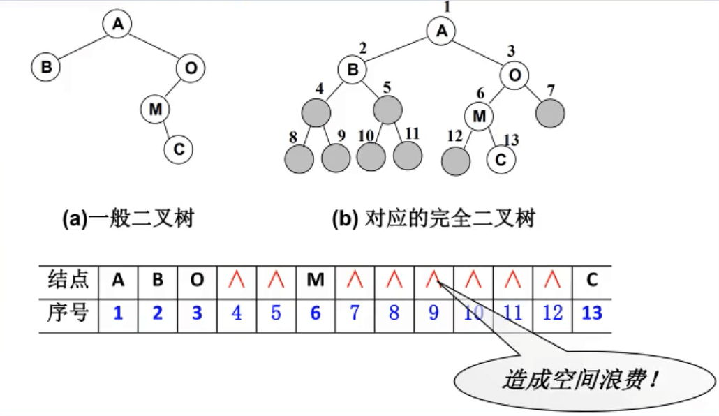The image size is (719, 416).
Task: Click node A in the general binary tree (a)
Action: click(118, 24)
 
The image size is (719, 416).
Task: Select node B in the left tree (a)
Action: click(46, 68)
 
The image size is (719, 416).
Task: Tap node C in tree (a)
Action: click(178, 149)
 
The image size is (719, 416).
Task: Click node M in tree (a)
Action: click(155, 108)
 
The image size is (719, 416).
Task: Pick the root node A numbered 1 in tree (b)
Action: click(441, 31)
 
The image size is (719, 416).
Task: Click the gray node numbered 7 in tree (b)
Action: click(550, 112)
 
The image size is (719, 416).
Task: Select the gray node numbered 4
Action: click(316, 112)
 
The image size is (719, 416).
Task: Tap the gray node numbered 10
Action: click(371, 158)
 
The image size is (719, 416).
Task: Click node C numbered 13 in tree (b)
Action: click(500, 158)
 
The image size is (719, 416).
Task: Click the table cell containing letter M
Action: click(316, 281)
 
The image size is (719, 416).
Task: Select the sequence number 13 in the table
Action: click(591, 313)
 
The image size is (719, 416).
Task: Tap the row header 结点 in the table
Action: click(68, 281)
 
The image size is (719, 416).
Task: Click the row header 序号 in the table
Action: click(68, 313)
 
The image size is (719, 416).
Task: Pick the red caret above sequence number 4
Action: click(237, 281)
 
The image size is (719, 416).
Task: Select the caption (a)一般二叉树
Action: click(128, 219)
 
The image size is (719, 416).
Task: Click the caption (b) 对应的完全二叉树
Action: click(434, 219)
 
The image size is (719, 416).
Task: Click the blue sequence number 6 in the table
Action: click(316, 313)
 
